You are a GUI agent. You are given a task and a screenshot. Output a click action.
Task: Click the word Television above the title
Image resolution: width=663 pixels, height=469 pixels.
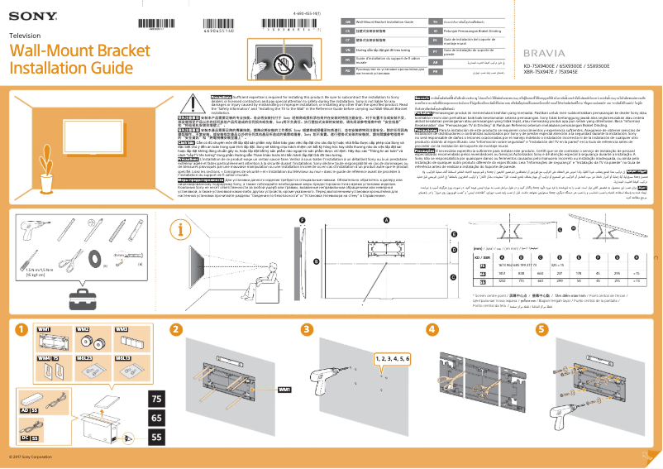[x=24, y=36]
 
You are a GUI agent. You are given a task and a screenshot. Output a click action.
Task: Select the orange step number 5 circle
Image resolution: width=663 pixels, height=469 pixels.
[x=541, y=329]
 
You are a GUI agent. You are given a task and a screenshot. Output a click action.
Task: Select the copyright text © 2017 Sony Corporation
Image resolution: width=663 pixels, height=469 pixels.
[x=30, y=457]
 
